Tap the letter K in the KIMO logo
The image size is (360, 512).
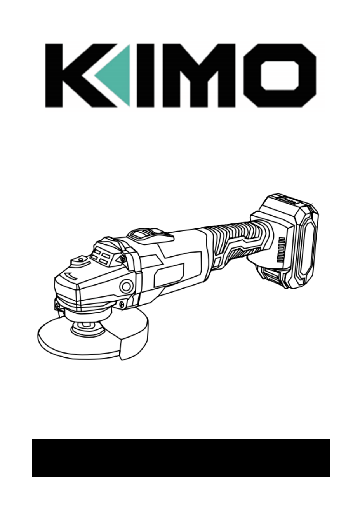tap(78, 75)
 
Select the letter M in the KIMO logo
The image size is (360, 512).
tap(199, 75)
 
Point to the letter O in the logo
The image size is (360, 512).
tap(280, 75)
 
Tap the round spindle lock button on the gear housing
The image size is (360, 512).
tap(126, 286)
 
